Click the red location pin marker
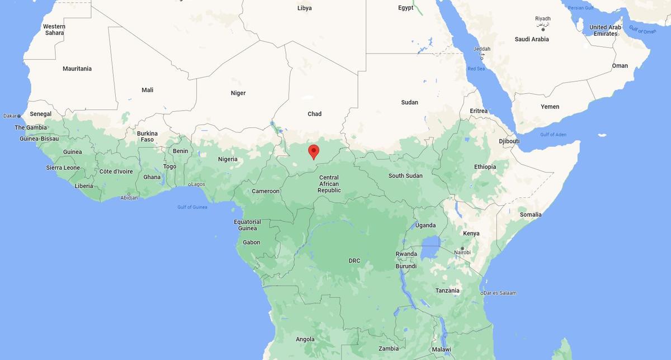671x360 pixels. click(x=314, y=151)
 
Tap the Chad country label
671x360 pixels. click(x=314, y=114)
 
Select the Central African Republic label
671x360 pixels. click(x=329, y=184)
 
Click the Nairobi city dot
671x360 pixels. click(x=462, y=248)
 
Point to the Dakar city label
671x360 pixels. click(x=10, y=116)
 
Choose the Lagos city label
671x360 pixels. click(x=198, y=184)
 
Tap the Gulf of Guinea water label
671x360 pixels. click(x=192, y=207)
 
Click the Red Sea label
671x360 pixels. click(x=476, y=69)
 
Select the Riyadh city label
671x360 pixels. click(x=542, y=18)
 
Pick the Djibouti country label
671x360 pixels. click(x=509, y=141)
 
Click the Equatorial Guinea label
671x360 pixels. click(x=247, y=225)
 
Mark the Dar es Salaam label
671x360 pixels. click(x=501, y=293)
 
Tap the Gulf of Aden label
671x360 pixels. click(x=553, y=135)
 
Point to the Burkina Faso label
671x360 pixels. click(x=148, y=136)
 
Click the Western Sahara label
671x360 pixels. click(x=54, y=30)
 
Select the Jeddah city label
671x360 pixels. click(x=481, y=49)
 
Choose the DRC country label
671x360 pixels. click(x=355, y=261)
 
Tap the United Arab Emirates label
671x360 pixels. click(x=605, y=30)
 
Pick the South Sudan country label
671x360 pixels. click(x=405, y=176)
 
